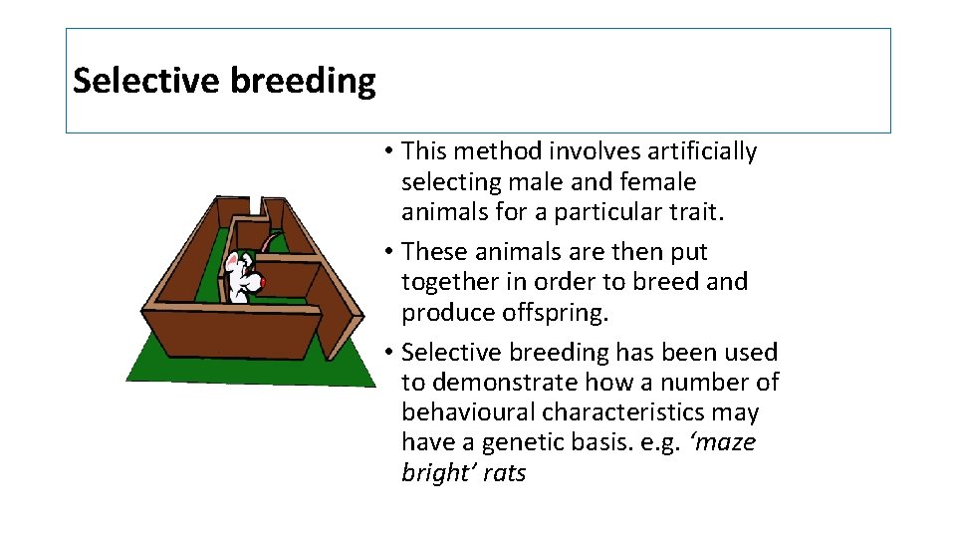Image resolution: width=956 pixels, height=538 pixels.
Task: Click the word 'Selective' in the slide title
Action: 147,80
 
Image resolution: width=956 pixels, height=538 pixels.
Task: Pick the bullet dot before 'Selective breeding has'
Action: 387,353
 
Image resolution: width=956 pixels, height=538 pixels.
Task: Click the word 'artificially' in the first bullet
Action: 702,151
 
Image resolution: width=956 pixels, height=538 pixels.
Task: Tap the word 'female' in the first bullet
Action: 656,182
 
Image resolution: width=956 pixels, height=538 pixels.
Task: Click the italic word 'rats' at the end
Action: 504,473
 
